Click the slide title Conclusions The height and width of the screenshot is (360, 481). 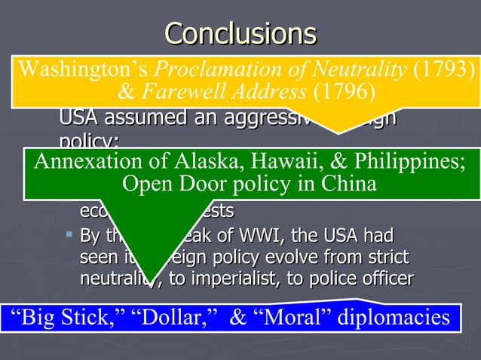(x=240, y=33)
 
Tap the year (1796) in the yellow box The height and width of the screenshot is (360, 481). (x=344, y=93)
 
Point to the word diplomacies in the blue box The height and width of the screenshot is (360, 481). (x=393, y=318)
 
